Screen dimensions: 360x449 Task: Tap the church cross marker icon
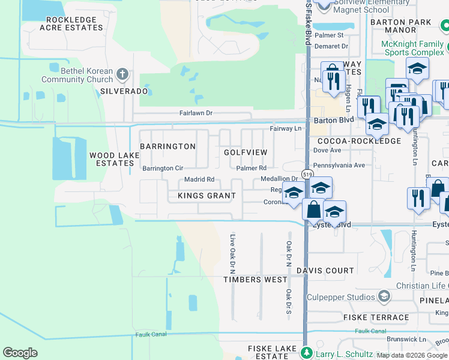[122, 75]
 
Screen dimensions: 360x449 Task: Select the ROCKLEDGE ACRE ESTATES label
[71, 24]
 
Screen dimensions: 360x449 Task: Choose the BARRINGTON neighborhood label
[167, 146]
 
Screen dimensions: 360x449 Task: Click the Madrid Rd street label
[199, 179]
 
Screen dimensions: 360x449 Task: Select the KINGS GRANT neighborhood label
[207, 196]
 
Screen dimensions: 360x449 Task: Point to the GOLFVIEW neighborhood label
[246, 152]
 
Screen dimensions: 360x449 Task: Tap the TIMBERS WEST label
[255, 280]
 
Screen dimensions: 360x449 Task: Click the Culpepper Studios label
[340, 297]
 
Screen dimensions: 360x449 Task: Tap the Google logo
[20, 353]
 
